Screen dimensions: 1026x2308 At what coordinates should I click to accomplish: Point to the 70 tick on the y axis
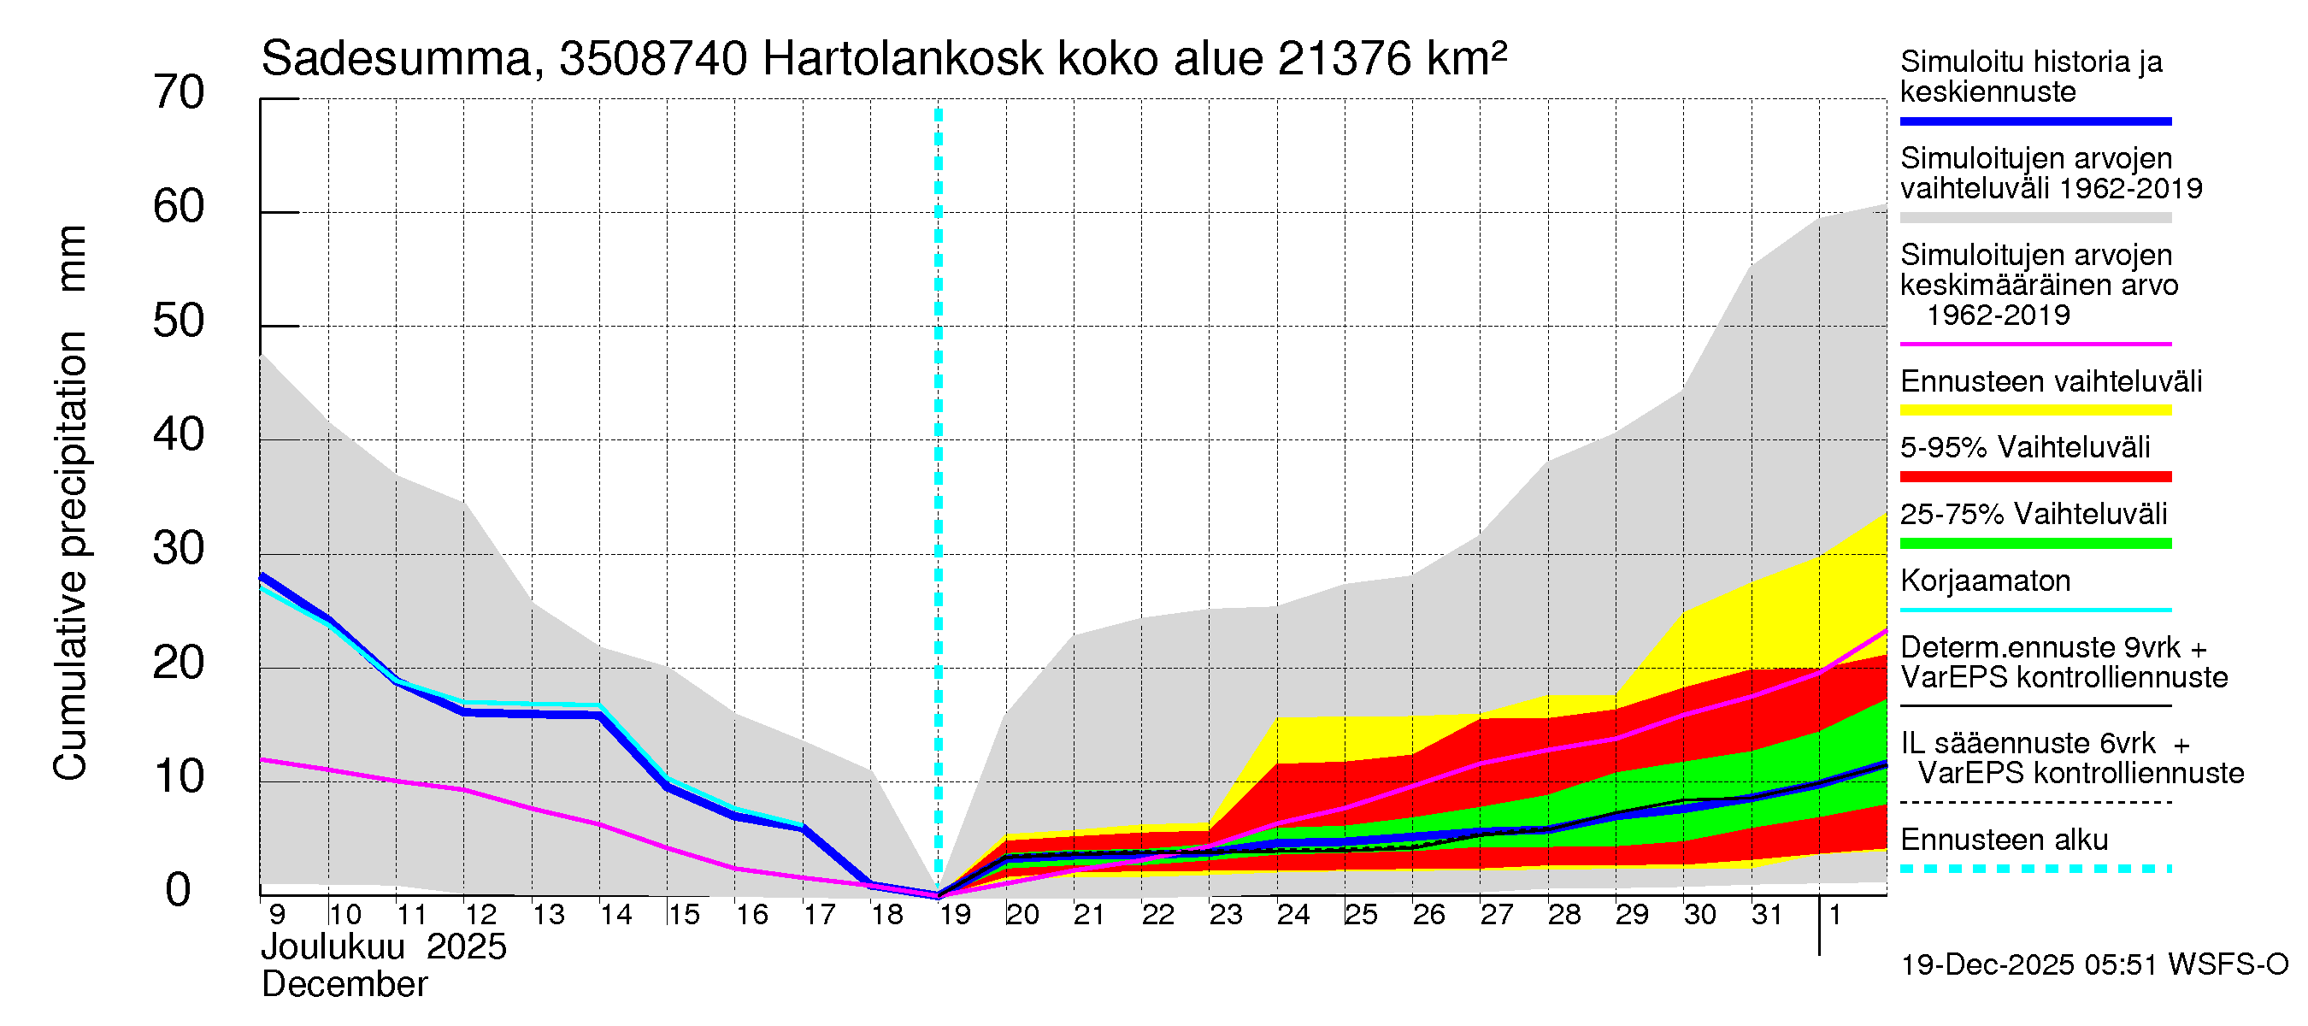pyautogui.click(x=179, y=93)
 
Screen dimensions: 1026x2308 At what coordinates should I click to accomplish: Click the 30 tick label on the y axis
pyautogui.click(x=179, y=548)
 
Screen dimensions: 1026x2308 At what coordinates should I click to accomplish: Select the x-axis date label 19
pyautogui.click(x=954, y=915)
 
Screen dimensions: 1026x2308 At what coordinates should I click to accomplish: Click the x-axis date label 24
pyautogui.click(x=1292, y=915)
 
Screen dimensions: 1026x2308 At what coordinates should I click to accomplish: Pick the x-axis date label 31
pyautogui.click(x=1767, y=915)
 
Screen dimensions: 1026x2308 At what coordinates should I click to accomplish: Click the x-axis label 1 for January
pyautogui.click(x=1834, y=915)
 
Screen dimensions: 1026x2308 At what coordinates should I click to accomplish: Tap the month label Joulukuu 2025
pyautogui.click(x=384, y=947)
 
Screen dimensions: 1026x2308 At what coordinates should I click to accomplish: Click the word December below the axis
pyautogui.click(x=344, y=985)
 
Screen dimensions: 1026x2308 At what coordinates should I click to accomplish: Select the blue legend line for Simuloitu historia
pyautogui.click(x=2034, y=121)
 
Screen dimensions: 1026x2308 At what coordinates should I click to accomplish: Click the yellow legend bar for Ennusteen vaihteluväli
pyautogui.click(x=2034, y=410)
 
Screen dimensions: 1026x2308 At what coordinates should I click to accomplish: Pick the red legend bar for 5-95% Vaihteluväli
pyautogui.click(x=2034, y=477)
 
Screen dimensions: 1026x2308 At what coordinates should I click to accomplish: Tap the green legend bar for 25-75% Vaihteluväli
pyautogui.click(x=2034, y=544)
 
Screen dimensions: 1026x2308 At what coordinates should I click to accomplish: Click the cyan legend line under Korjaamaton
pyautogui.click(x=2034, y=610)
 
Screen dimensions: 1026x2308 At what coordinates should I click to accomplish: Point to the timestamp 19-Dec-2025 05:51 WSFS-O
pyautogui.click(x=2093, y=965)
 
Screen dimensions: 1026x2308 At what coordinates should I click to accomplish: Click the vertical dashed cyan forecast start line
pyautogui.click(x=938, y=448)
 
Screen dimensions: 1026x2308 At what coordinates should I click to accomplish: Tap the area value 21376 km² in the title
pyautogui.click(x=1392, y=60)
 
